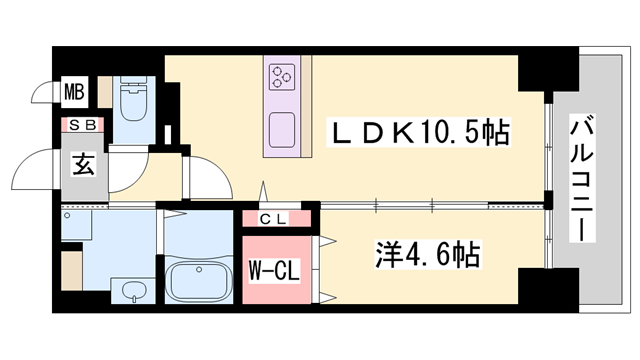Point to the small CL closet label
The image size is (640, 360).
point(273,219)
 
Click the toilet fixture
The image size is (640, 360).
point(132,103)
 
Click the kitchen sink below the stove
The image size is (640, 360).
point(281,129)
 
